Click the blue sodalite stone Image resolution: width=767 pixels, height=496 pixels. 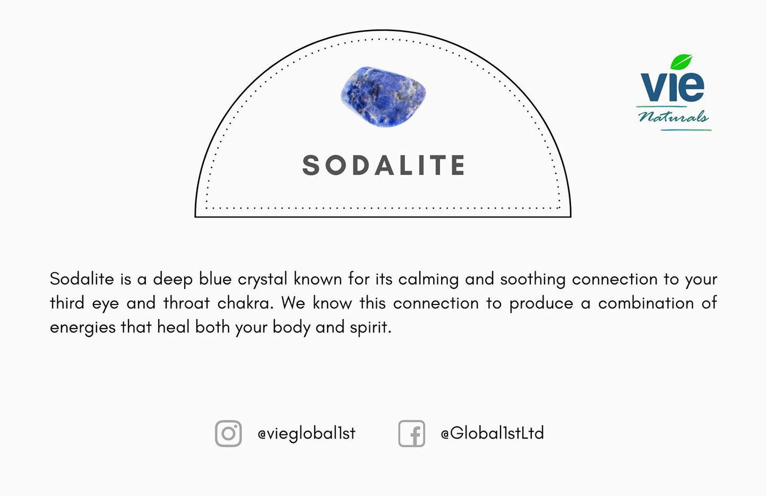pyautogui.click(x=383, y=96)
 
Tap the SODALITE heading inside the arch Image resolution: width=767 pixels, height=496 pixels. pyautogui.click(x=384, y=165)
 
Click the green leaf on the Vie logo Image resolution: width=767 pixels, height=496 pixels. pyautogui.click(x=681, y=62)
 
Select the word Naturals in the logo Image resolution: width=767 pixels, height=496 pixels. pyautogui.click(x=674, y=117)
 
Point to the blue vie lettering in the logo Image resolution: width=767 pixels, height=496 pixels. pyautogui.click(x=672, y=86)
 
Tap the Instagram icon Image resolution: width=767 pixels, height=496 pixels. pyautogui.click(x=228, y=433)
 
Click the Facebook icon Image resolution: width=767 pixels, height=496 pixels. pyautogui.click(x=412, y=433)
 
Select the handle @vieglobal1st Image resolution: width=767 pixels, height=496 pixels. pyautogui.click(x=306, y=433)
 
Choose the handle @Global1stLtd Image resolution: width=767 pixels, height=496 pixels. pyautogui.click(x=492, y=433)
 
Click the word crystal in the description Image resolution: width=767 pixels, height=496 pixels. pyautogui.click(x=262, y=280)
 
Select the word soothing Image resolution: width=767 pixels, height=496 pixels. pyautogui.click(x=532, y=280)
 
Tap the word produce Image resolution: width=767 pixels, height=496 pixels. pyautogui.click(x=541, y=303)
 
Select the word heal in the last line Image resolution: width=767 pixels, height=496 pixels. pyautogui.click(x=173, y=327)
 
